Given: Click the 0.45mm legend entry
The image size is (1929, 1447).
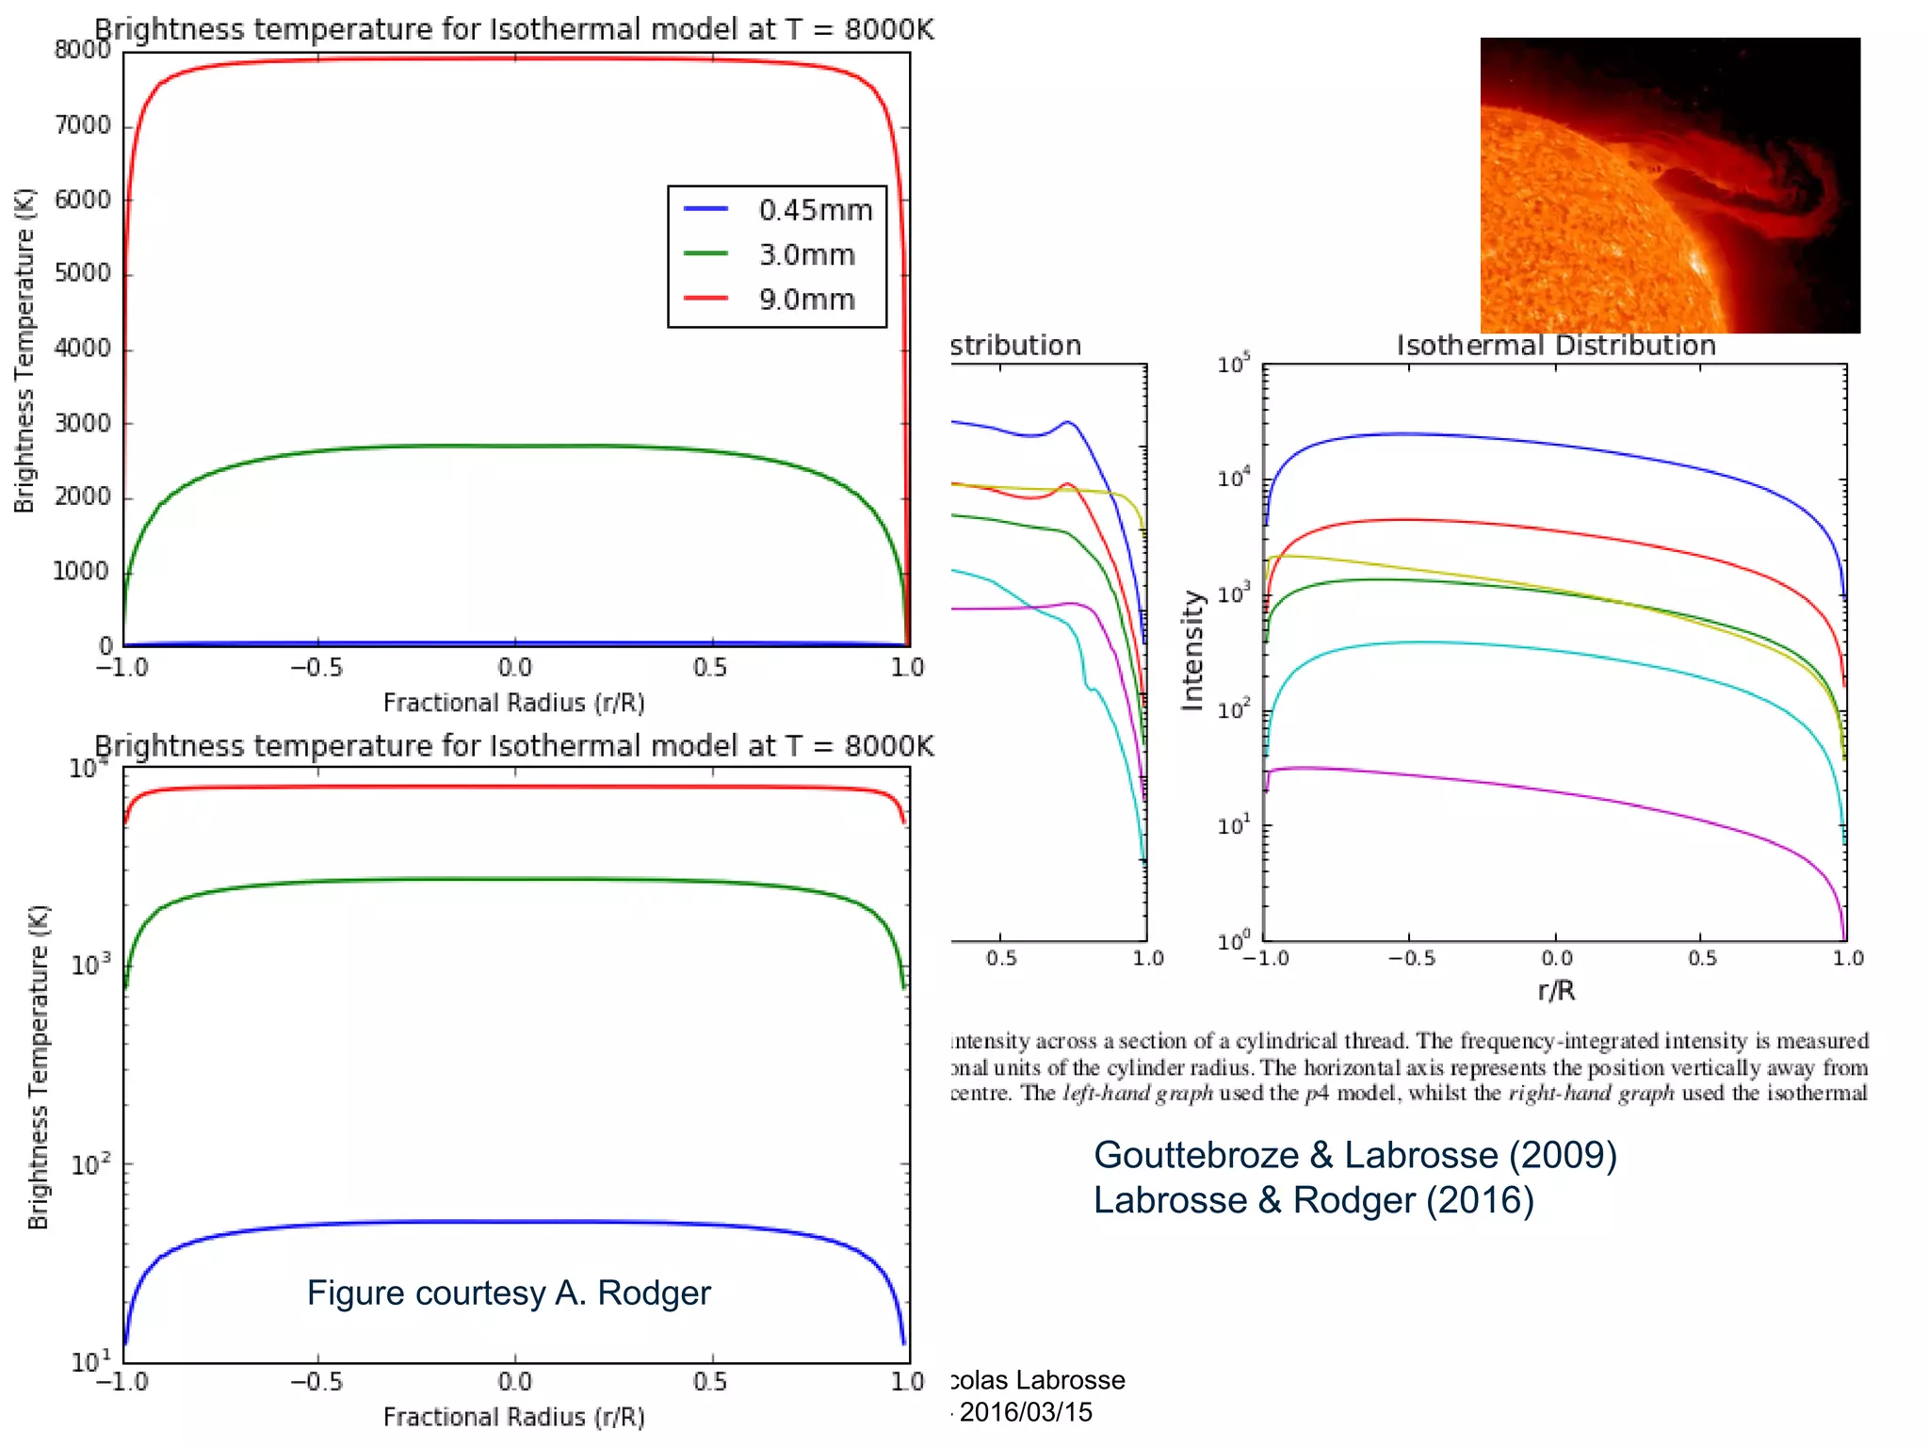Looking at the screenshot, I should tap(815, 209).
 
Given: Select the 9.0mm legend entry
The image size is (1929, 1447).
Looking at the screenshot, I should tap(806, 300).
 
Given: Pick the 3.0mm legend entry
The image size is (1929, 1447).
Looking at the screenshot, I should tap(806, 254).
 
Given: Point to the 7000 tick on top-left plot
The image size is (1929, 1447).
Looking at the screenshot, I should tap(83, 125).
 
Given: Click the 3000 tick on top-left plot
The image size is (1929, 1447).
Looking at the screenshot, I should tap(83, 423).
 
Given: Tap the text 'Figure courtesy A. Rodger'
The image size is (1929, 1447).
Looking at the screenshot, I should tap(509, 1293).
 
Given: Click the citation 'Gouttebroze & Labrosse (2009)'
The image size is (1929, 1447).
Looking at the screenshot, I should tap(1354, 1155).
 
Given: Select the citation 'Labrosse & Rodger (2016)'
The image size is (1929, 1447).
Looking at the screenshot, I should tap(1313, 1200).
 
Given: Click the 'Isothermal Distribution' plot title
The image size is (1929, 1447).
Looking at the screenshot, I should tap(1556, 346).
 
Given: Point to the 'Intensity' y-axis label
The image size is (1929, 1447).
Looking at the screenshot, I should tap(1192, 650).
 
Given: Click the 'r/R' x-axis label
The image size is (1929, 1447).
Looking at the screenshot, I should tap(1556, 990).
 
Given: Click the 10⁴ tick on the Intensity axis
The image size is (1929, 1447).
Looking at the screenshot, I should tap(1234, 479).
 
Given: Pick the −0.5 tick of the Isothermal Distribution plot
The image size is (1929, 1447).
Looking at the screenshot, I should tap(1411, 959).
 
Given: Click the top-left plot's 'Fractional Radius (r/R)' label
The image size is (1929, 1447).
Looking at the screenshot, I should tap(513, 703).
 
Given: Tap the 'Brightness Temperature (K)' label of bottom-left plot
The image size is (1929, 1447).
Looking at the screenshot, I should tap(38, 1066).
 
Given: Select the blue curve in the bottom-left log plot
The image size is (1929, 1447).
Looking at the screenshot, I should tap(515, 1222).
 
